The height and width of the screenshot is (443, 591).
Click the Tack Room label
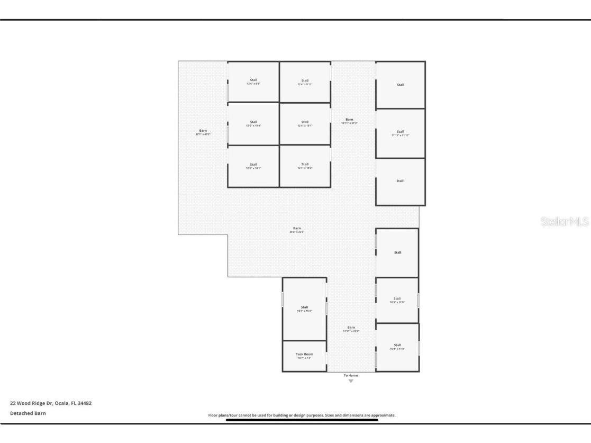[304, 354]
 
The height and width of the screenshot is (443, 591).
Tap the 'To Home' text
[351, 375]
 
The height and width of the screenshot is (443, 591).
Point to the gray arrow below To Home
[351, 381]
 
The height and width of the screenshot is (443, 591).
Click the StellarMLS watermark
[565, 222]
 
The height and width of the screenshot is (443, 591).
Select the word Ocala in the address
[62, 403]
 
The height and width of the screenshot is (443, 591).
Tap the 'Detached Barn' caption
[28, 413]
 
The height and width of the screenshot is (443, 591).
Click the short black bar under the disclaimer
[302, 420]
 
